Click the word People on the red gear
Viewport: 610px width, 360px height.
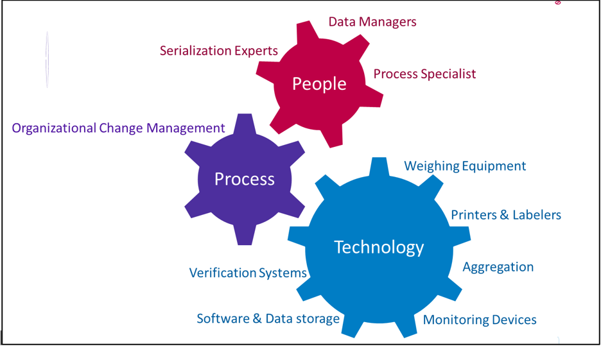pos(319,84)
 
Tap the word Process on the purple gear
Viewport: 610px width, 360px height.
pos(244,179)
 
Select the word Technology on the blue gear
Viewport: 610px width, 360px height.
pos(379,248)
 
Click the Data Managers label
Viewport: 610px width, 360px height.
pos(372,22)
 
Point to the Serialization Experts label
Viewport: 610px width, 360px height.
pos(218,51)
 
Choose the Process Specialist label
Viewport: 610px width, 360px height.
pos(424,74)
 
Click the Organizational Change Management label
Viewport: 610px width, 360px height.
pos(118,128)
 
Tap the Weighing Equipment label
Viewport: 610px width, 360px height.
pos(465,166)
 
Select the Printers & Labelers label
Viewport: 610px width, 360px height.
pos(506,215)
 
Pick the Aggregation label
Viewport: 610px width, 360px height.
pos(498,268)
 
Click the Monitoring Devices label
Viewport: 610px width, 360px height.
pos(480,320)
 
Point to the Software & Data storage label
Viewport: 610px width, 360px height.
pos(268,319)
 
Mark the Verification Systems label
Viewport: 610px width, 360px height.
pos(248,273)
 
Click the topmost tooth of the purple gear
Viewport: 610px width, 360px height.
pos(244,124)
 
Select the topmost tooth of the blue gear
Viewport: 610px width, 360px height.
pos(379,167)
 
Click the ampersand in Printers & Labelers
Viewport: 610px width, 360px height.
pos(505,215)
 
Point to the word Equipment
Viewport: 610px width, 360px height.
pos(494,167)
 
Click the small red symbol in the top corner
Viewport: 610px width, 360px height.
pos(558,3)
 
